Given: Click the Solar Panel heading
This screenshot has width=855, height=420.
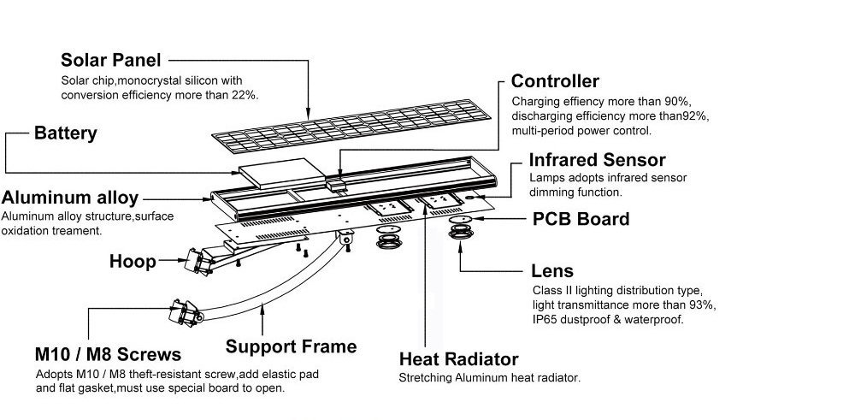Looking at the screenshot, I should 110,61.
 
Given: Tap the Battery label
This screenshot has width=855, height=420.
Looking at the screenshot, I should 65,133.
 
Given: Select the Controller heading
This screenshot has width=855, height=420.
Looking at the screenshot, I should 555,81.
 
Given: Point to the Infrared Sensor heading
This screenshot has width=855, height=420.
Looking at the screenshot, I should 597,160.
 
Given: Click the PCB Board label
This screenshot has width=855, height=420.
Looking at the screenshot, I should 581,219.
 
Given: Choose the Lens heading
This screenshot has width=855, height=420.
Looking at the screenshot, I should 551,271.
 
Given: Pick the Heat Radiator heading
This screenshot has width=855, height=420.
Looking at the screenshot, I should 458,359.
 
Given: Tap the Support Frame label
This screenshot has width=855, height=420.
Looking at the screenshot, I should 291,346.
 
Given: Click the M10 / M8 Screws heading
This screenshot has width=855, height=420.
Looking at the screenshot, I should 108,354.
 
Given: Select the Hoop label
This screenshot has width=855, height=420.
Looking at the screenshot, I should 133,262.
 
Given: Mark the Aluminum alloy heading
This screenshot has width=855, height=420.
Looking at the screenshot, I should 70,198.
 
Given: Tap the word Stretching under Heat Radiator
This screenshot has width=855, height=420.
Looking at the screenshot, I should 426,377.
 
